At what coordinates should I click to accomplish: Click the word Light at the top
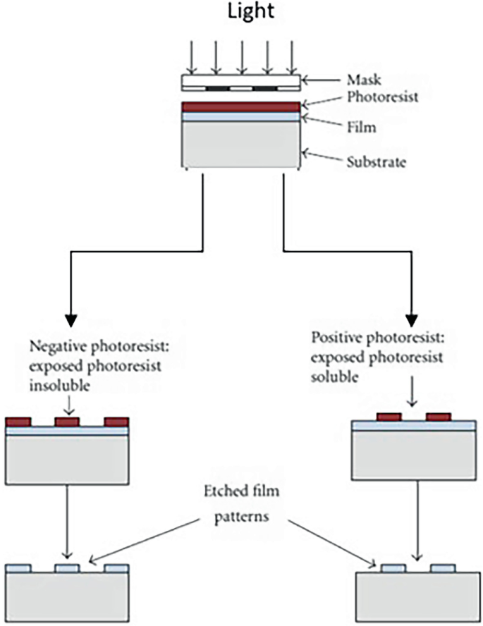click(241, 13)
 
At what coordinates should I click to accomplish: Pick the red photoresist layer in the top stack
click(241, 107)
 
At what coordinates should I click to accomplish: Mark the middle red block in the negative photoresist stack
click(66, 422)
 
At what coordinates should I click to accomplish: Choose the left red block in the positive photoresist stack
click(389, 417)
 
